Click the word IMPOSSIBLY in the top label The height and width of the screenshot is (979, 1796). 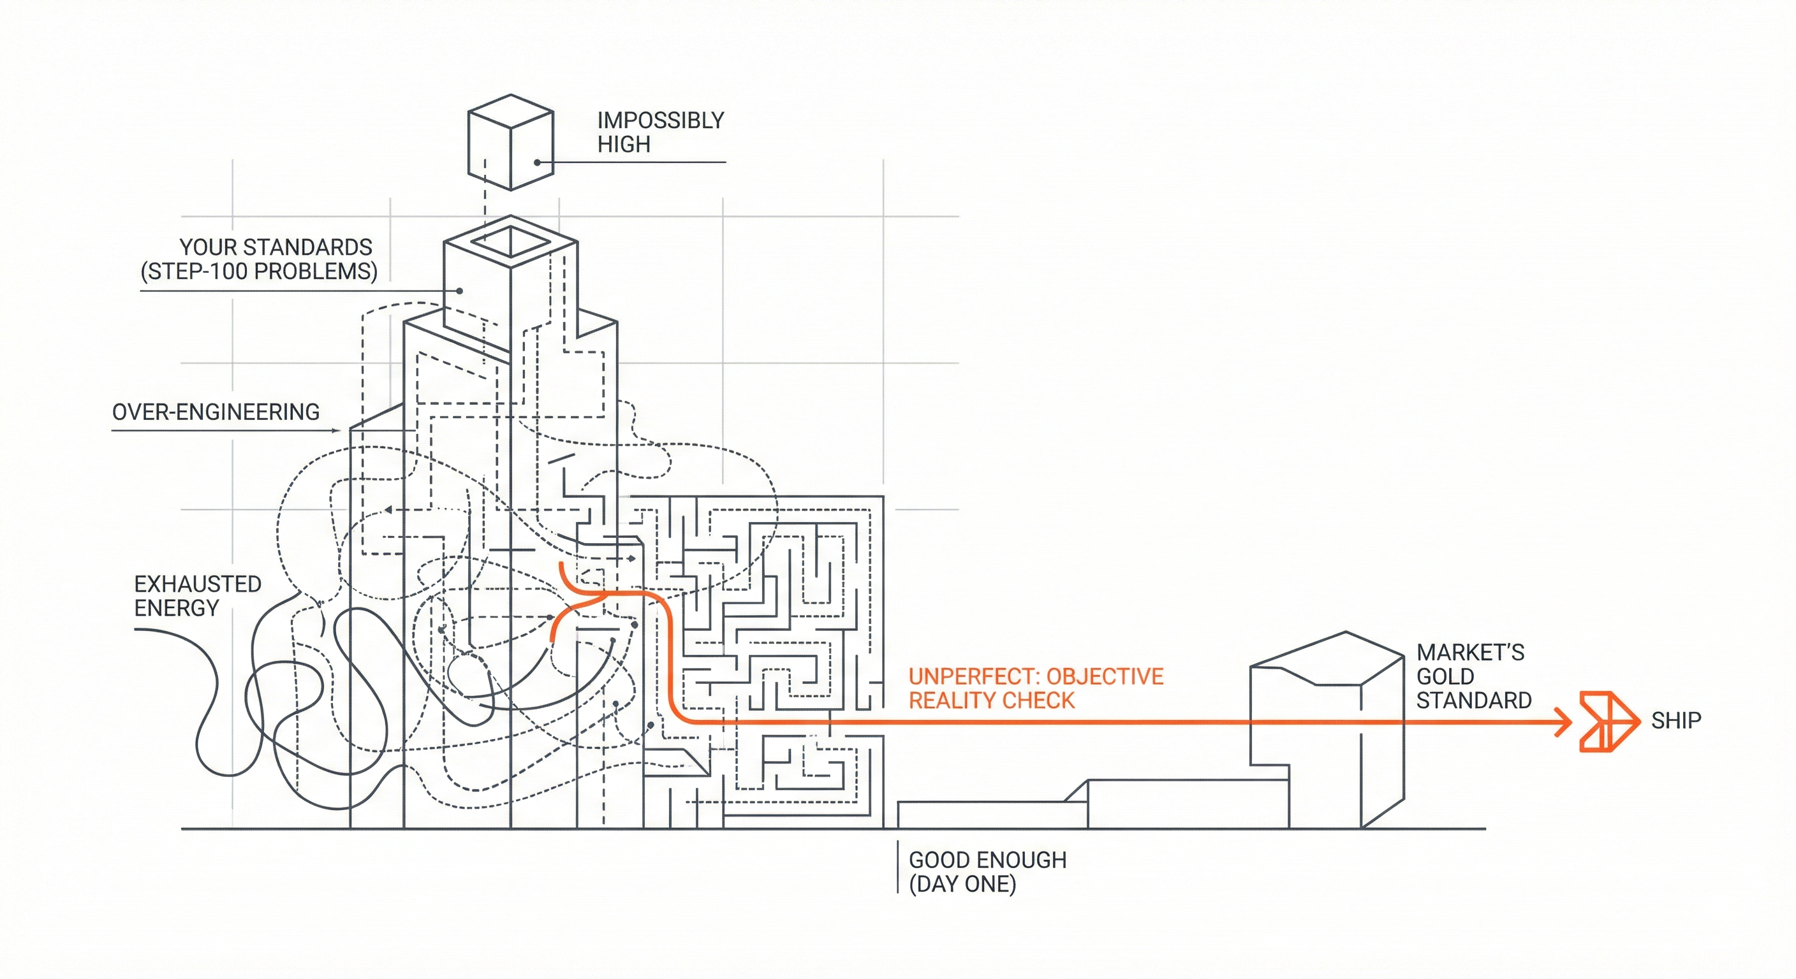(660, 120)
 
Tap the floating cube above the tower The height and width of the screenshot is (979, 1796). (510, 142)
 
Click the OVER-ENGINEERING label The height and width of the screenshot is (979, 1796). (216, 412)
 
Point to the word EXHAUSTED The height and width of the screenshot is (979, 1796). (197, 584)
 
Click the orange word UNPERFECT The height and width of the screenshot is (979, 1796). (973, 677)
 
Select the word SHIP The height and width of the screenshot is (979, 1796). (1675, 720)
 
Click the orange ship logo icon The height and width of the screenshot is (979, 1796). (1608, 722)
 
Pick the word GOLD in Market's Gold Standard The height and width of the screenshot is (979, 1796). (1445, 677)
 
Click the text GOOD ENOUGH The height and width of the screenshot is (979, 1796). (987, 860)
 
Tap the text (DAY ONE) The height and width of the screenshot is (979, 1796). (962, 884)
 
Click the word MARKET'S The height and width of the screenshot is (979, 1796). (1469, 653)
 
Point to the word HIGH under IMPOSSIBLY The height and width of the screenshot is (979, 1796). (623, 145)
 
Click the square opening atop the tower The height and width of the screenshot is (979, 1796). (510, 241)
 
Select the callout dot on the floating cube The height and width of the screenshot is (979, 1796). (537, 163)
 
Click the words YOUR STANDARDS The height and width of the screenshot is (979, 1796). (276, 247)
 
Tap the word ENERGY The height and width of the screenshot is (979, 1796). (177, 608)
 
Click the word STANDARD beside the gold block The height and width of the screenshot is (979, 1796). (1473, 700)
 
